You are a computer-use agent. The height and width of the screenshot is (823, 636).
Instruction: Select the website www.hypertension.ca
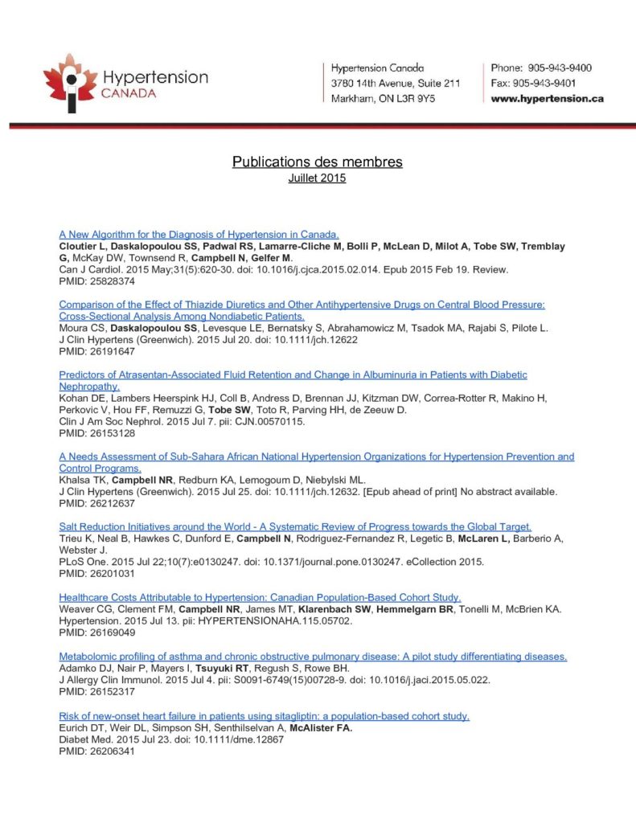pos(547,99)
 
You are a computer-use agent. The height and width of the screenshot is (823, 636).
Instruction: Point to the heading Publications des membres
pos(318,162)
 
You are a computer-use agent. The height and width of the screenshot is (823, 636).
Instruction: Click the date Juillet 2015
pos(318,178)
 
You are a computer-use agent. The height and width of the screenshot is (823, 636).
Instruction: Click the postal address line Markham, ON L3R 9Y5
pos(384,99)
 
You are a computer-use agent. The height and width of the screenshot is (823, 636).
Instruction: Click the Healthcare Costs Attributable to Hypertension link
pos(260,597)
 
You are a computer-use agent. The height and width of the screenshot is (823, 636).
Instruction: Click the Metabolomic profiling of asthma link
pos(314,657)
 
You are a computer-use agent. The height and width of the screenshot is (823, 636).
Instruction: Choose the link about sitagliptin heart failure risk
pos(265,716)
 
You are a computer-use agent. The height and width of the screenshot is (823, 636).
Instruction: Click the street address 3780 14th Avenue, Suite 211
pos(396,84)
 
